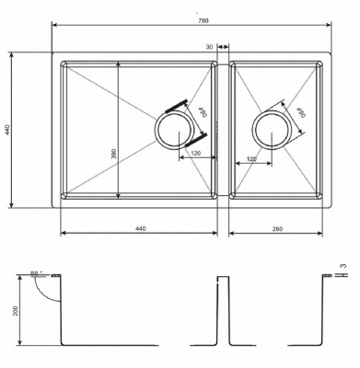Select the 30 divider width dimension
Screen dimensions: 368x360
[x=210, y=46]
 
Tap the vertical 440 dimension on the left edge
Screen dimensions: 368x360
[x=7, y=130]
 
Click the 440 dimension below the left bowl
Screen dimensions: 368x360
[x=140, y=227]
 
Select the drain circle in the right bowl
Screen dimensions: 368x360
[x=272, y=130]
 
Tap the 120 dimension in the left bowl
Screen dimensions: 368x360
[x=194, y=153]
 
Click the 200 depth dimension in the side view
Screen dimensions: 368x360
[x=16, y=310]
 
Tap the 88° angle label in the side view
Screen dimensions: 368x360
[x=35, y=273]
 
